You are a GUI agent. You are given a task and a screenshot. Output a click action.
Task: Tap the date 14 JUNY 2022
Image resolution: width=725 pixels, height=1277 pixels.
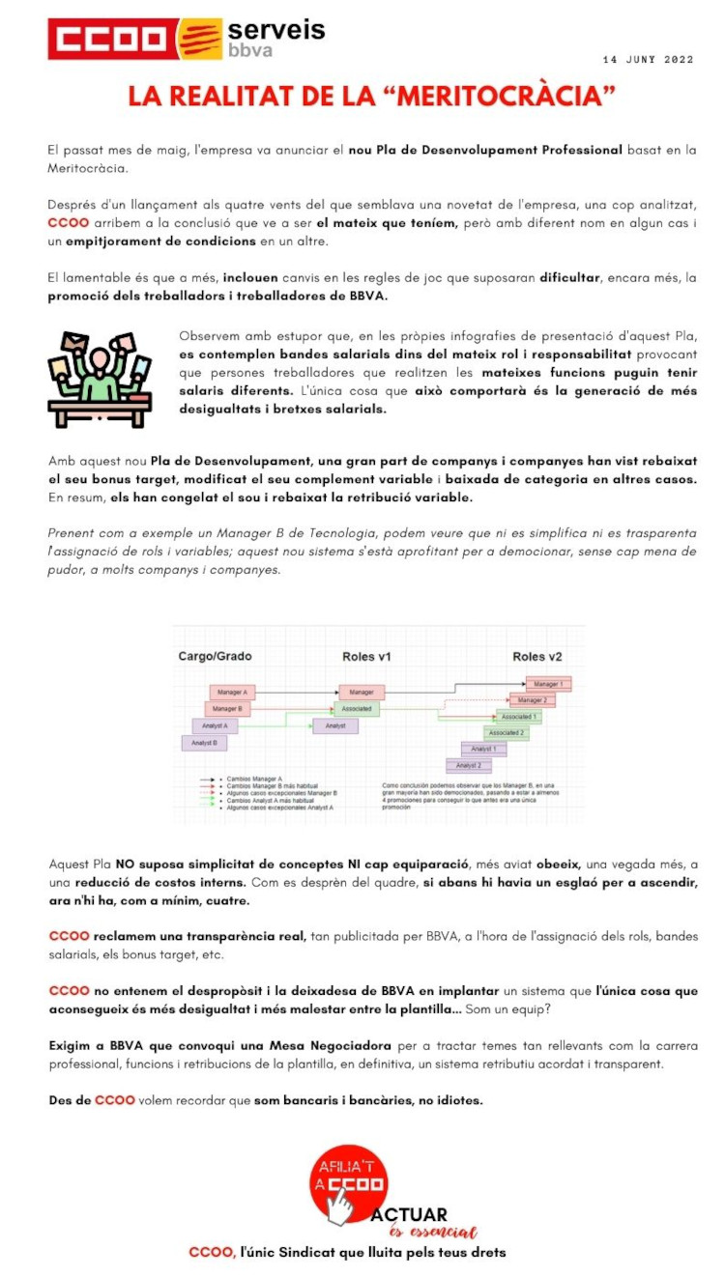[x=648, y=60]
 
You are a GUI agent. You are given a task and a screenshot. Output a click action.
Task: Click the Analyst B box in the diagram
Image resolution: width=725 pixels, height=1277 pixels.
[x=204, y=743]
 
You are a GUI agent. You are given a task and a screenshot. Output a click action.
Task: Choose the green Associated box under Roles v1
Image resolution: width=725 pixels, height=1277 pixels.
[x=362, y=709]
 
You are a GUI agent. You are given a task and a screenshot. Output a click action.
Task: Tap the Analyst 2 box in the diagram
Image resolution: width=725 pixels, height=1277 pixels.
[x=469, y=765]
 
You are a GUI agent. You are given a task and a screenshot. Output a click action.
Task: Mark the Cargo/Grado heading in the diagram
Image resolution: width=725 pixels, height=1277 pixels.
[x=215, y=657]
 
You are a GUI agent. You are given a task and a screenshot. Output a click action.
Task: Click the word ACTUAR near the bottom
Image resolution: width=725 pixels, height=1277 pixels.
[x=409, y=1214]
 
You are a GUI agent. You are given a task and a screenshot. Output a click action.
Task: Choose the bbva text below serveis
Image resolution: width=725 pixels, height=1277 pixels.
[x=250, y=50]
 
